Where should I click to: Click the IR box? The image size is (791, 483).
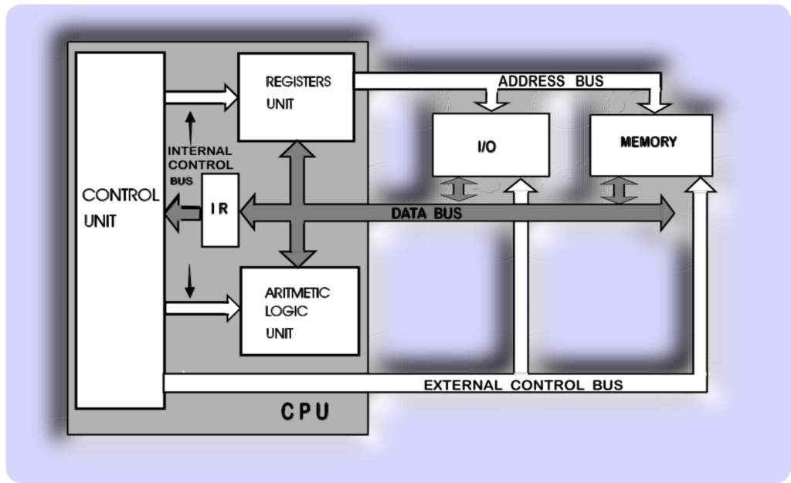(x=220, y=210)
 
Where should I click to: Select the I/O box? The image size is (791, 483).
(x=491, y=145)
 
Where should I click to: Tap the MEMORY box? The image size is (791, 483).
(x=651, y=145)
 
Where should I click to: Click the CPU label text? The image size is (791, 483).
(x=305, y=411)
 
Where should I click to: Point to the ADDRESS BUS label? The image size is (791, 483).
(x=551, y=81)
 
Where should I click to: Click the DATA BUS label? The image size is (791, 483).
(x=426, y=213)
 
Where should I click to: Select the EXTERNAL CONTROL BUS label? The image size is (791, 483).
(x=523, y=385)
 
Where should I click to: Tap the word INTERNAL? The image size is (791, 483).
(x=200, y=150)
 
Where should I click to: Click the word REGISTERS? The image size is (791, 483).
(x=298, y=82)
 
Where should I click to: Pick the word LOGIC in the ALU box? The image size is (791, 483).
(x=286, y=311)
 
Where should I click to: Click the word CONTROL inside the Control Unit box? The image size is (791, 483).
(x=121, y=195)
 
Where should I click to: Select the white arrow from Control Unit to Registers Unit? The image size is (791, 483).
(x=202, y=97)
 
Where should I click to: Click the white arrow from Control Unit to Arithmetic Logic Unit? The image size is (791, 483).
(x=203, y=308)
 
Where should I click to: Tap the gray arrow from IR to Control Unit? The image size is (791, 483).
(x=182, y=213)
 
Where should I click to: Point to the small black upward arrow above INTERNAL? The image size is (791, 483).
(x=190, y=127)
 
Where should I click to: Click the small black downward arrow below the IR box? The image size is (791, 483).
(x=190, y=281)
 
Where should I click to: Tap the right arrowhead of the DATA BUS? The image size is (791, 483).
(x=667, y=214)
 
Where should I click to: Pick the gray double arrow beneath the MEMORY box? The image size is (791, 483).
(x=619, y=191)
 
